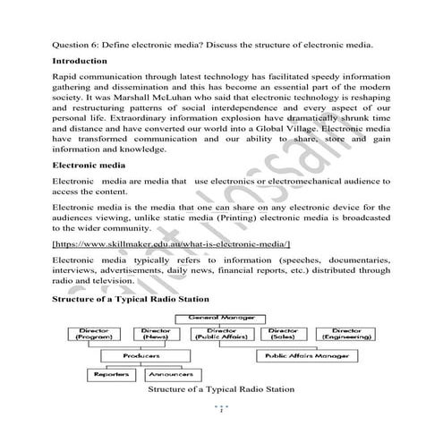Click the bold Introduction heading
coord(81,61)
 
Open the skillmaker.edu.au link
coord(171,243)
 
